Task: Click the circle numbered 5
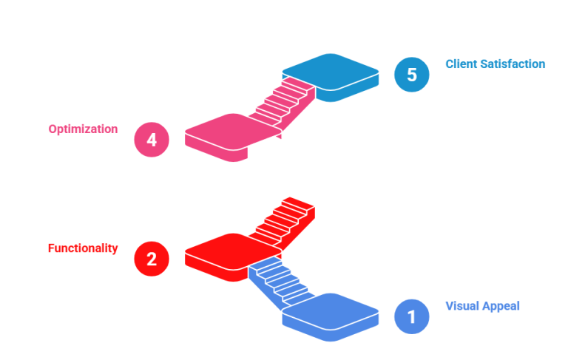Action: point(411,75)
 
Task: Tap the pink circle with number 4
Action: point(152,140)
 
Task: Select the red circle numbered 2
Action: point(152,259)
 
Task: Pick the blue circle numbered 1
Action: point(411,316)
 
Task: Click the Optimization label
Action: point(83,129)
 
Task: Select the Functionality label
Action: point(83,248)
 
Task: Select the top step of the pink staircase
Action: point(298,84)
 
